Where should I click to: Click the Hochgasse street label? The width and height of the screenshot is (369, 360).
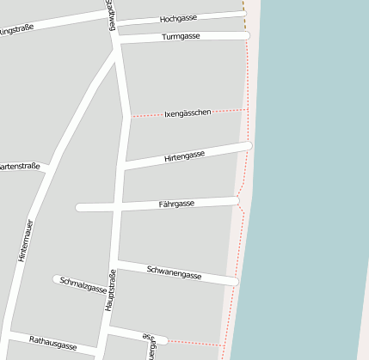[x=179, y=18]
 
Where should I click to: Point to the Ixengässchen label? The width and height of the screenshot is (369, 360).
[x=188, y=113]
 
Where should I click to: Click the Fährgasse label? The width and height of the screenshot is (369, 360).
[x=176, y=204]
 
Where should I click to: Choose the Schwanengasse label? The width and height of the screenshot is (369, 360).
[x=174, y=274]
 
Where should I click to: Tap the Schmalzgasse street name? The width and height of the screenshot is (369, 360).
[x=83, y=286]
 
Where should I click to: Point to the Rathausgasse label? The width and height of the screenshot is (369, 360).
[x=52, y=341]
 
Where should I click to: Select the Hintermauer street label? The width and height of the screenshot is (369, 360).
[x=25, y=240]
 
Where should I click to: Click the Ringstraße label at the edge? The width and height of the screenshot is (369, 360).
[x=15, y=30]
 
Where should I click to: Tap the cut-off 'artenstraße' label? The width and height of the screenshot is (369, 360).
[x=19, y=167]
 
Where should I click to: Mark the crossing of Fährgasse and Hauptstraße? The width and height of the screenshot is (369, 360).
[x=120, y=206]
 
